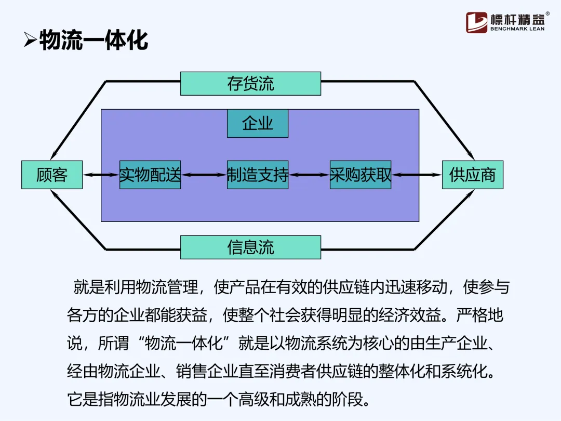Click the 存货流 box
click(250, 84)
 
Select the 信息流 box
click(250, 247)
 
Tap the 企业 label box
click(257, 124)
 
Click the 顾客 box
click(52, 175)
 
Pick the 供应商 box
click(472, 175)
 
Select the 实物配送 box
click(150, 175)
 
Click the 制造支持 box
click(257, 175)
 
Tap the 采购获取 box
click(360, 175)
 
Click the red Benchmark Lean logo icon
click(476, 22)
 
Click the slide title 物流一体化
click(94, 40)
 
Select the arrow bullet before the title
click(30, 40)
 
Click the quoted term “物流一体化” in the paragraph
click(187, 343)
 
